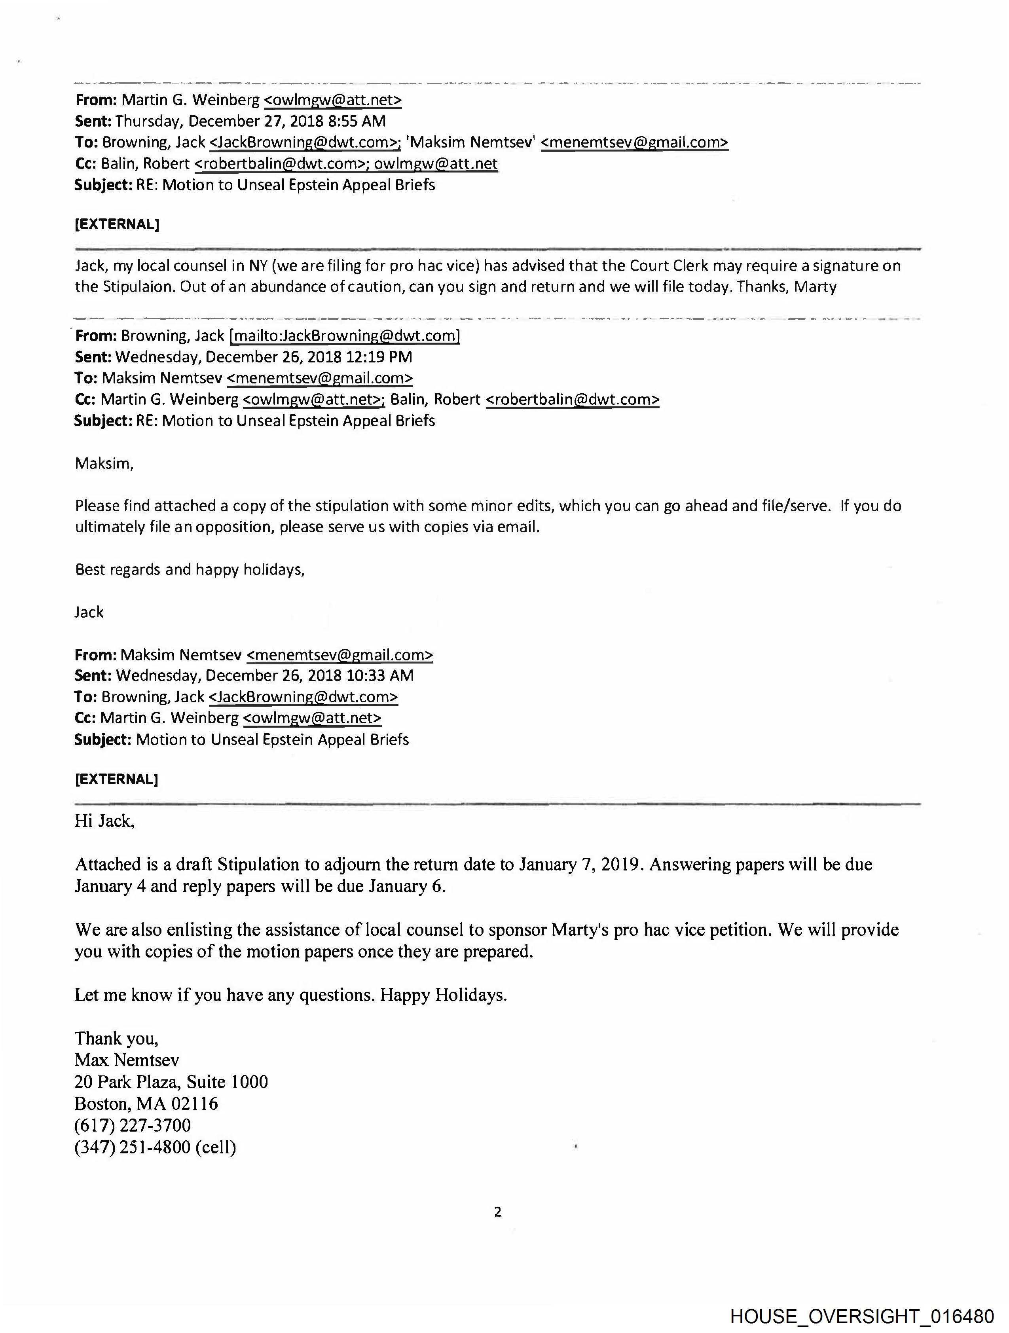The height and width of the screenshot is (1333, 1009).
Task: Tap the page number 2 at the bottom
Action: pos(497,1211)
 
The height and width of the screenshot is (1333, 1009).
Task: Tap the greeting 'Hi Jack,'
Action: pos(105,821)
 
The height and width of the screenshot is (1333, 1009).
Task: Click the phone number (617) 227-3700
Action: pos(133,1125)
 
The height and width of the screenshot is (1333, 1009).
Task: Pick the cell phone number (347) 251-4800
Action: pos(133,1147)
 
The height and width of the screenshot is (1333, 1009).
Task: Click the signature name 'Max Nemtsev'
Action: pos(127,1060)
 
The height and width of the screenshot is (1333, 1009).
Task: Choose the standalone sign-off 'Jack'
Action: pos(89,612)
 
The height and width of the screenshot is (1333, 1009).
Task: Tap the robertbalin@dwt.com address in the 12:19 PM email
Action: pos(572,400)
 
